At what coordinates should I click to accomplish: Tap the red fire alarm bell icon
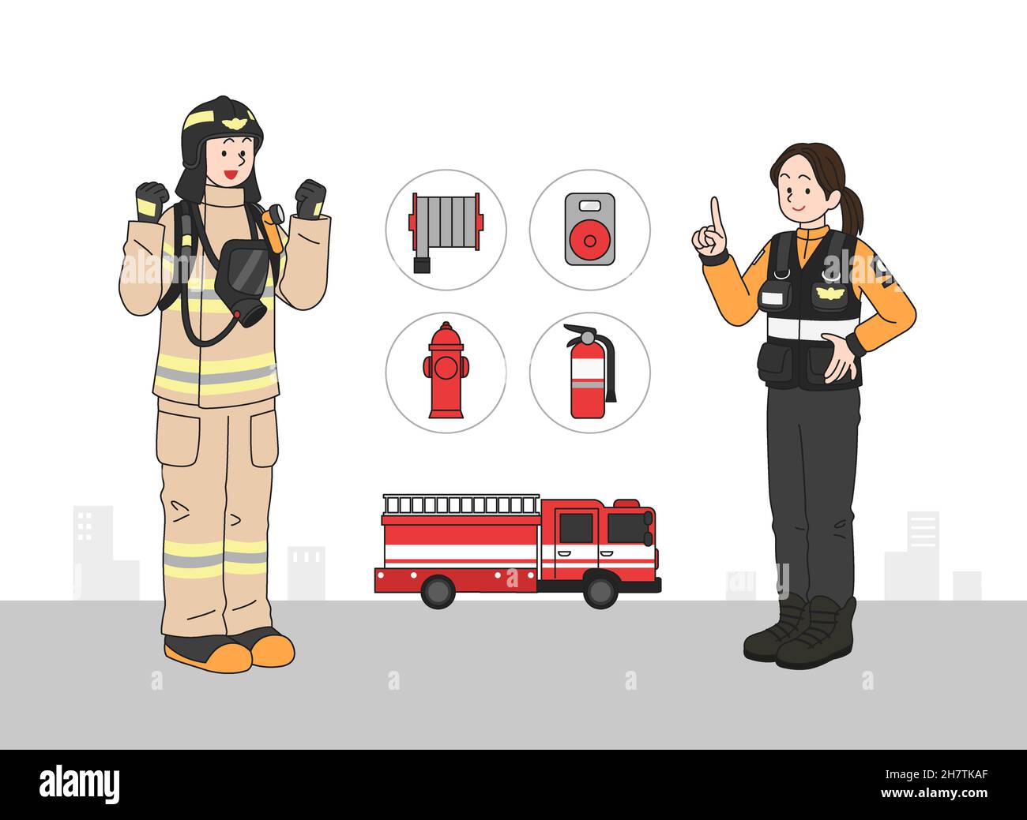click(589, 230)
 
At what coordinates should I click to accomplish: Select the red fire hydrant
click(446, 371)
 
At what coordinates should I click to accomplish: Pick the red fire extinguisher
click(588, 374)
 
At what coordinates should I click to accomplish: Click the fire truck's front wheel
click(600, 590)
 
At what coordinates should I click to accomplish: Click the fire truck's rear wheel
click(438, 590)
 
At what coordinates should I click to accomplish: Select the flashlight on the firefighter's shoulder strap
click(275, 216)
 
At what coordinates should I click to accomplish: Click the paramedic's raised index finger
click(715, 214)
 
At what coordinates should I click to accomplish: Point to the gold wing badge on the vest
click(830, 293)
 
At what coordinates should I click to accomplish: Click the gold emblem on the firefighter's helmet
click(233, 123)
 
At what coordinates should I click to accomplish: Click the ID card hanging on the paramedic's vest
click(773, 298)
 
